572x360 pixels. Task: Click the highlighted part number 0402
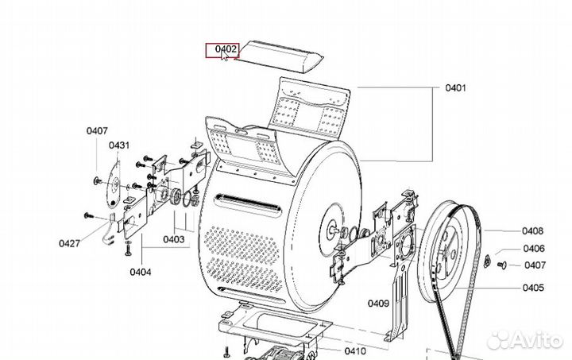coord(226,49)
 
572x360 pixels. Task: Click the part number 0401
coord(456,87)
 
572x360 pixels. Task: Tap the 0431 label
coord(119,145)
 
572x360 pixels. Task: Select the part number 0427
coord(69,243)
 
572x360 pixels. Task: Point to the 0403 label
coord(174,239)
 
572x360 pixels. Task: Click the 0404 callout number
coord(141,272)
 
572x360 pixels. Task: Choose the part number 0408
coord(532,231)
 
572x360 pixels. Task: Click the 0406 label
coord(534,249)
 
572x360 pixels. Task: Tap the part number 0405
coord(533,288)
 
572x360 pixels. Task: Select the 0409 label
coord(378,304)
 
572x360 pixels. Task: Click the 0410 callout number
coord(355,351)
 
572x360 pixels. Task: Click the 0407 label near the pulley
coord(535,265)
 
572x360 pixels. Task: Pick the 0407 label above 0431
coord(97,130)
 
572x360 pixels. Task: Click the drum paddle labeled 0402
coord(279,56)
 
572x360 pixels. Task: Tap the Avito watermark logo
coord(524,340)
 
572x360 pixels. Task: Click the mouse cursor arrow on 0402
coord(224,55)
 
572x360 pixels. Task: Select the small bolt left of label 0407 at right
coord(502,265)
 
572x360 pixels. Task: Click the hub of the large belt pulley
coord(447,250)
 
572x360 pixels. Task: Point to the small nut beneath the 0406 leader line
coord(487,261)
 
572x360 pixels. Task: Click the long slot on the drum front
coord(248,203)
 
